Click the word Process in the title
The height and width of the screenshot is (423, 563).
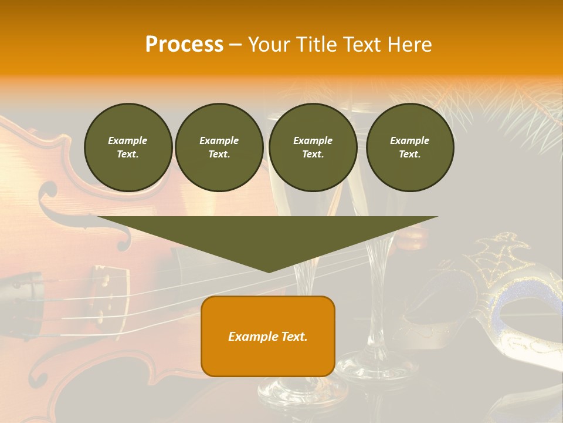[x=184, y=45]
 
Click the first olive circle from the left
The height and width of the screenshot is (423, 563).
[x=128, y=147]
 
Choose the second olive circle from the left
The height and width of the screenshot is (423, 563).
[x=219, y=147]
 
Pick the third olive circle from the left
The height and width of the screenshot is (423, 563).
[x=313, y=147]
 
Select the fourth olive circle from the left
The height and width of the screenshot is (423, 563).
[x=409, y=147]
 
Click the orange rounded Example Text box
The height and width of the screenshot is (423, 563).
[x=268, y=336]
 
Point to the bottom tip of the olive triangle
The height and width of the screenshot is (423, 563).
[x=269, y=271]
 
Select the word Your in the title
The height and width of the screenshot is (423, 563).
[x=270, y=45]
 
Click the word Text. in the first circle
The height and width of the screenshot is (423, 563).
[x=128, y=155]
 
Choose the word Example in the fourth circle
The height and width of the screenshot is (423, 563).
[x=409, y=140]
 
